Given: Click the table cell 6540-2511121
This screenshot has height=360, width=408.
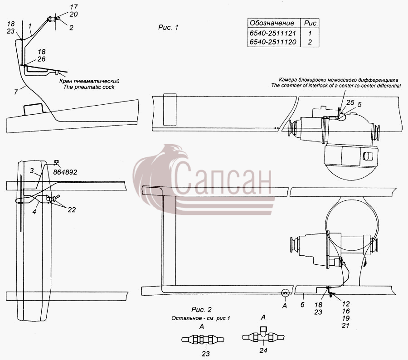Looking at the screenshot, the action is tap(273, 33).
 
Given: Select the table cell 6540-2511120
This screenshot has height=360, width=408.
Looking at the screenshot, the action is tap(273, 42).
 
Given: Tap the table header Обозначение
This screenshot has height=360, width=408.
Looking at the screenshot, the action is tap(272, 23).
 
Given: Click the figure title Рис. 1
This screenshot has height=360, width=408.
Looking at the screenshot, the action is tap(168, 27).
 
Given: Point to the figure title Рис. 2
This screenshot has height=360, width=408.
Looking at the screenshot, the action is tap(201, 310).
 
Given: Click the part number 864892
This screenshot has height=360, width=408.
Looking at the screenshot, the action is tap(65, 172).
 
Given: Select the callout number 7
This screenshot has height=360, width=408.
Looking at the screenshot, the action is tap(16, 92).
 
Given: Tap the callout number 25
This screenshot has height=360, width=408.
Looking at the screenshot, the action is tap(350, 102).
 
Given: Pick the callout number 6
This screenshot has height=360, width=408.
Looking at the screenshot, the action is tap(302, 304).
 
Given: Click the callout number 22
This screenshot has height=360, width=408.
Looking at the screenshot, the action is tap(72, 210).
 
